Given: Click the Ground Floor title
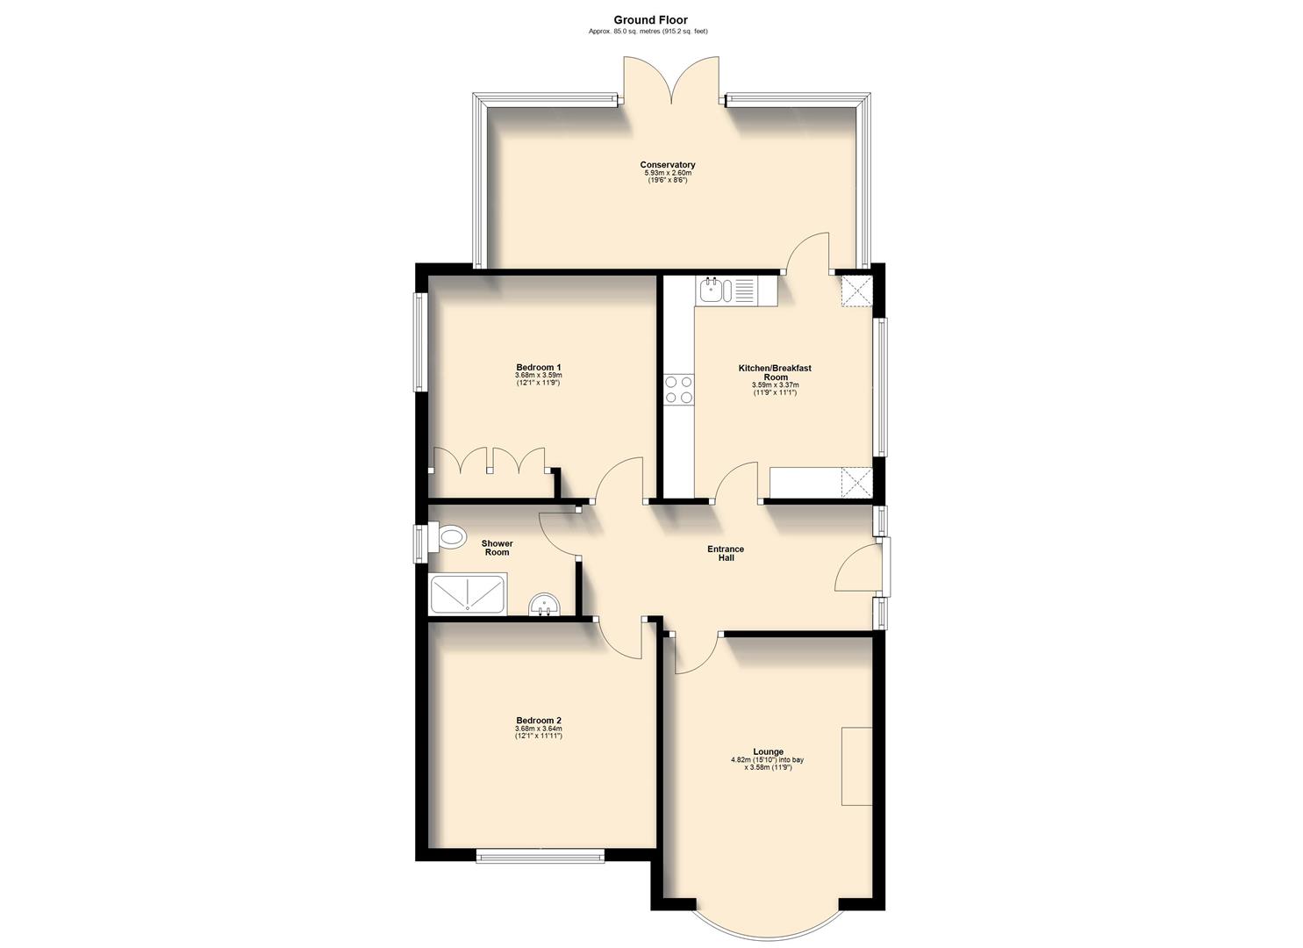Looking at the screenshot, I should coord(650,20).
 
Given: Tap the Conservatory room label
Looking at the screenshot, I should coord(667,165).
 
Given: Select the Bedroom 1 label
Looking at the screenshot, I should coord(538,367).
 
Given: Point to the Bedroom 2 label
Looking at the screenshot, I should coord(538,721).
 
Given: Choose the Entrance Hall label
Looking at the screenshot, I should coord(726,553).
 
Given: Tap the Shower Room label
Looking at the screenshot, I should coord(497,548).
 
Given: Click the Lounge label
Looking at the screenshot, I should coord(769,752).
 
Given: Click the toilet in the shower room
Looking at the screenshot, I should coord(448,537).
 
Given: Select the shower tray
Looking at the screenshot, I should coord(468,593).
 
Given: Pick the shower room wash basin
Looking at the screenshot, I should coord(545,605).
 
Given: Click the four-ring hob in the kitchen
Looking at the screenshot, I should coord(678,389).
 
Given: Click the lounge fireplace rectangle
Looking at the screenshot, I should coord(856,765).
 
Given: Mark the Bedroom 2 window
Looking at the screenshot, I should coord(540,855).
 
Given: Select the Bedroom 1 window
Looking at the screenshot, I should coord(420,341).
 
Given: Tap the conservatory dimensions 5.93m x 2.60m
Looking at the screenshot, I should coord(667,173).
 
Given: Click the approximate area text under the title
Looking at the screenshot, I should coord(648,32).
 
